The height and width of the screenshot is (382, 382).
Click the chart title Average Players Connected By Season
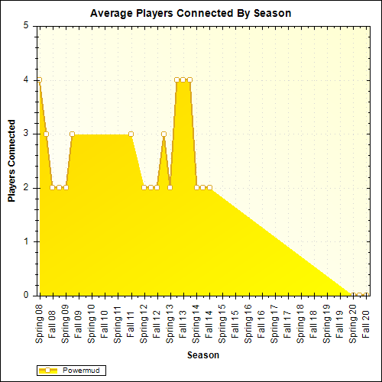click(191, 13)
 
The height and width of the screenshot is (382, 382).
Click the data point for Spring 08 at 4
click(39, 79)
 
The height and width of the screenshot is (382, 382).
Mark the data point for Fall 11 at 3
click(131, 134)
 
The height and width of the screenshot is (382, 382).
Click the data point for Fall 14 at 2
click(209, 187)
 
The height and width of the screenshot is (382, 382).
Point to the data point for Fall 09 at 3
click(72, 134)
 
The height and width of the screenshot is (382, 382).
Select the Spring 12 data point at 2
click(144, 187)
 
